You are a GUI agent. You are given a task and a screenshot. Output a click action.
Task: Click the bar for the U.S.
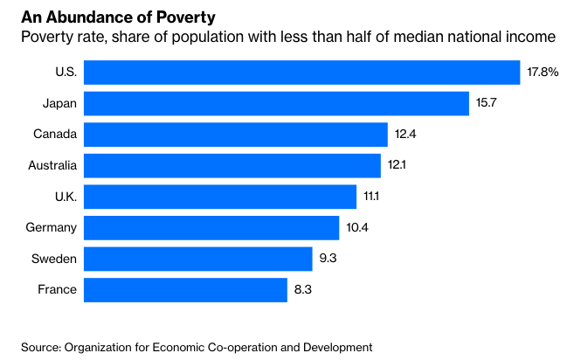[301, 72]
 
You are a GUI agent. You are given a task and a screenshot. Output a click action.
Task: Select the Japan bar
[276, 103]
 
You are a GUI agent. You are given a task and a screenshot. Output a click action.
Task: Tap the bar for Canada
[236, 135]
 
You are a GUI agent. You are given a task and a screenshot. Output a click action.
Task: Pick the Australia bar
[232, 165]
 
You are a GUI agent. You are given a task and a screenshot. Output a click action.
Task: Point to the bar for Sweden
[197, 259]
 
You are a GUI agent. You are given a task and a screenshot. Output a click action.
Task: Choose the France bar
[185, 290]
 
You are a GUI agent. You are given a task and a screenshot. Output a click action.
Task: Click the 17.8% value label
[543, 72]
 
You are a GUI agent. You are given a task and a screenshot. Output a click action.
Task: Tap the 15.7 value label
[487, 103]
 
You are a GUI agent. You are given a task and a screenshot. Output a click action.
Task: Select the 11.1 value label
[371, 197]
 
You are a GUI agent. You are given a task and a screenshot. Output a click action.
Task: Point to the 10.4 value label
[356, 228]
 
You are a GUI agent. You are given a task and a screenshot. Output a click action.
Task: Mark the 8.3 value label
[303, 290]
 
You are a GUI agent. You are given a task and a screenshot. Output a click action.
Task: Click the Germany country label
[52, 228]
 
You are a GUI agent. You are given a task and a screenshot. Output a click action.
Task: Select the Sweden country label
[55, 259]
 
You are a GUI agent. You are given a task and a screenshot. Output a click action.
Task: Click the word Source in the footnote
[41, 347]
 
